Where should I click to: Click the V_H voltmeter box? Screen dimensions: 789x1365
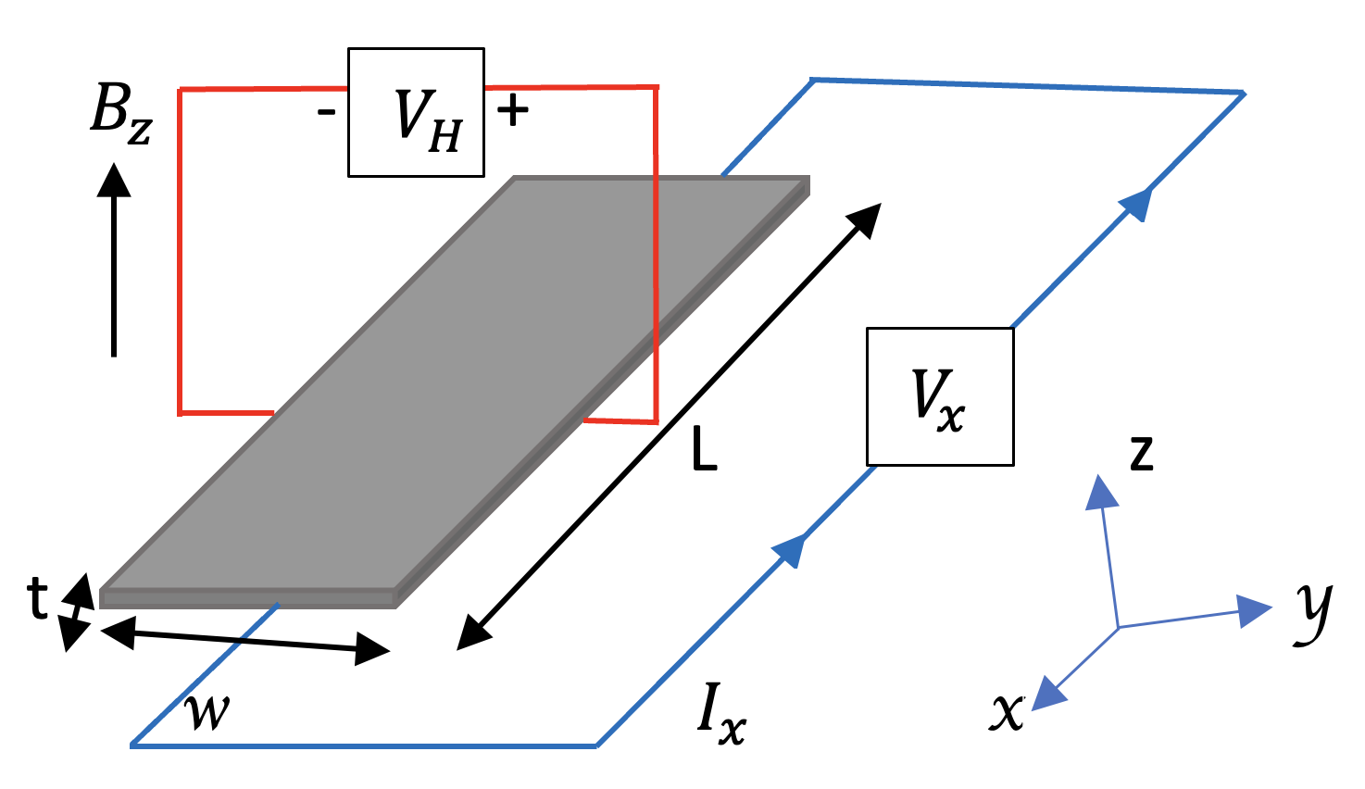tap(416, 112)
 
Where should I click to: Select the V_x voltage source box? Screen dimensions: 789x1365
tap(940, 396)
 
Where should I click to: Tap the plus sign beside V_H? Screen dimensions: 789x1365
tap(512, 111)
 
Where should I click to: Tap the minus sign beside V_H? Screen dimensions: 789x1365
tap(326, 113)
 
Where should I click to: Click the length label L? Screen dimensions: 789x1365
tap(705, 451)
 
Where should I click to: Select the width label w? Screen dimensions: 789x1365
tap(207, 710)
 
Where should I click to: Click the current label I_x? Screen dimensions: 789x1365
tap(720, 716)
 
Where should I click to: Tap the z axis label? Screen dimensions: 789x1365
tap(1142, 454)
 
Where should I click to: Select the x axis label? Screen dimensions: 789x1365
tap(1007, 711)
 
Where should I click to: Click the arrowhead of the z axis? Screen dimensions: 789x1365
tap(1101, 491)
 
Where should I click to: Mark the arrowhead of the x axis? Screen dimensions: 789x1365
tap(1047, 695)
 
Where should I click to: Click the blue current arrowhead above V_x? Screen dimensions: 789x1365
tap(1136, 202)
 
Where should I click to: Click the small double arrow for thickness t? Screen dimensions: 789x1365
tap(77, 612)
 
